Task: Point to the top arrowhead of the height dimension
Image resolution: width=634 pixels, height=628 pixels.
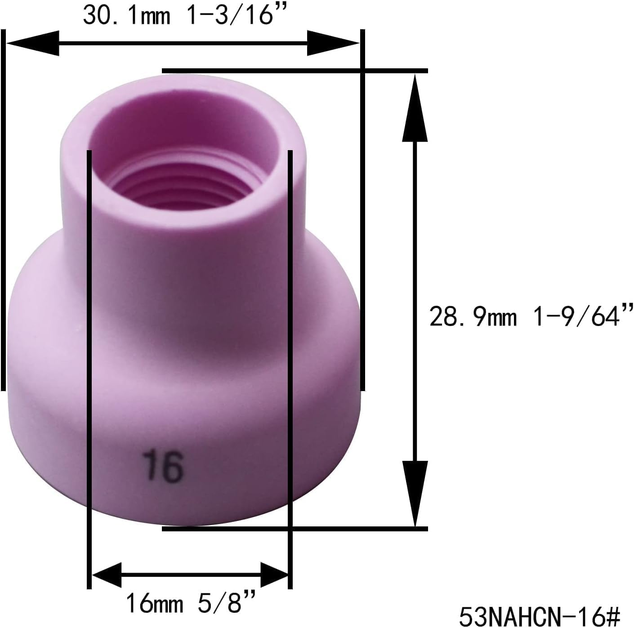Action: pos(414,108)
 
